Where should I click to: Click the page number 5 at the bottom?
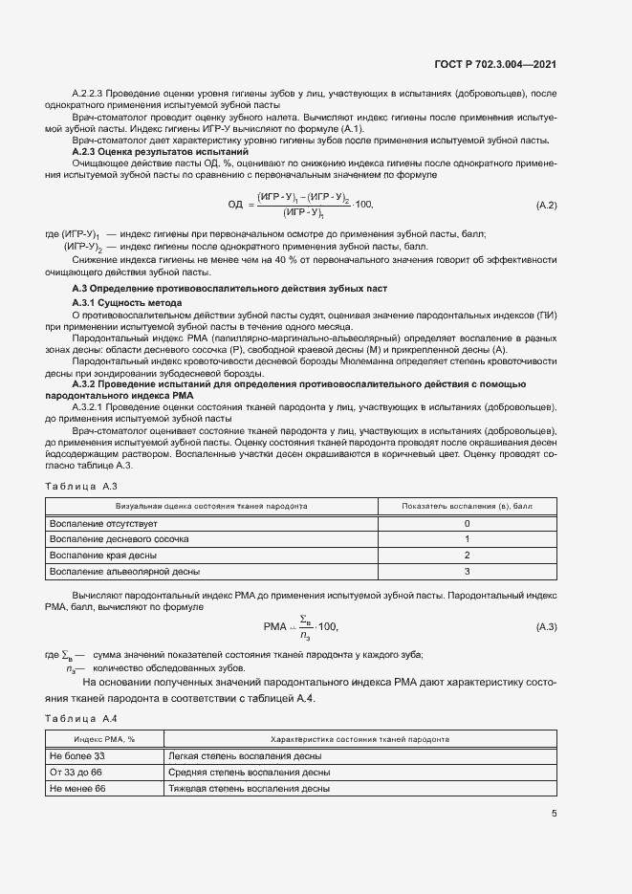[x=554, y=814]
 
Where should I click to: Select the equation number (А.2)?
[x=546, y=206]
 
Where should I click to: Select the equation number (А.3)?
[x=546, y=626]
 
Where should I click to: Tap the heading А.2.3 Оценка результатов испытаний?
[x=161, y=152]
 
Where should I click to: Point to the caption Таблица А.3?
[x=81, y=487]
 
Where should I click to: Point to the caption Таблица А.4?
[x=81, y=718]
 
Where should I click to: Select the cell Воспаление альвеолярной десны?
[x=124, y=571]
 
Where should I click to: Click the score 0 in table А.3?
[x=467, y=524]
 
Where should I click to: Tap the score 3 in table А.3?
[x=467, y=571]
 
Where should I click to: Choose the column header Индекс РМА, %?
[x=105, y=740]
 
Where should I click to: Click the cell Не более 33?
[x=76, y=756]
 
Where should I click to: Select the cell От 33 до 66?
[x=76, y=773]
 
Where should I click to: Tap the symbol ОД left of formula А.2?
[x=235, y=205]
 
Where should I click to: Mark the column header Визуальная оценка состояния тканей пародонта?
[x=211, y=505]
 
